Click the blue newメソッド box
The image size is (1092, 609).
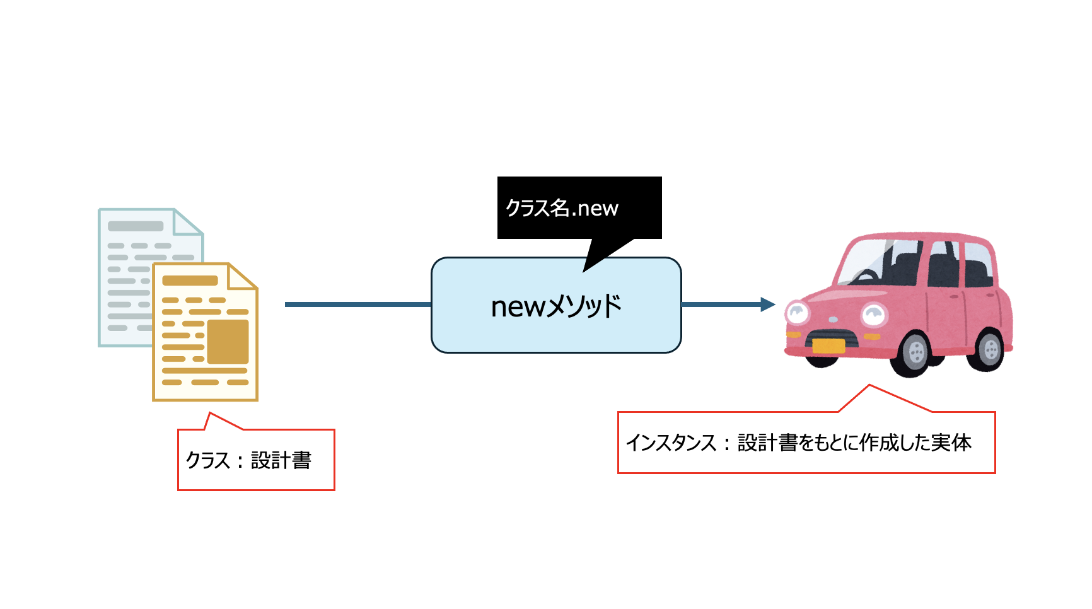556,306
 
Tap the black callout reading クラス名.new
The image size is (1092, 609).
579,208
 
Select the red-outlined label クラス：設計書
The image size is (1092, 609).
255,460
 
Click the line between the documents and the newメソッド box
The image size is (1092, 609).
357,304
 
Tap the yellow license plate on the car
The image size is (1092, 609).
828,345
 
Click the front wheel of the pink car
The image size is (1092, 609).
914,352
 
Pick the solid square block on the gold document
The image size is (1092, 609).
228,341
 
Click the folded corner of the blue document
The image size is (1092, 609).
189,222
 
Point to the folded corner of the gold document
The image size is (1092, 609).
242,277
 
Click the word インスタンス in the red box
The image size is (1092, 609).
671,443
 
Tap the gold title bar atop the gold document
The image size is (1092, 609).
190,281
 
